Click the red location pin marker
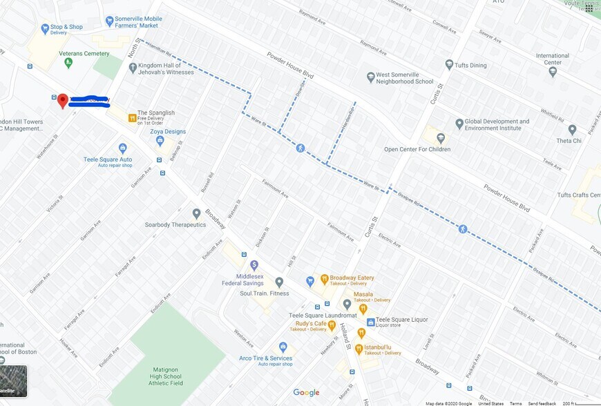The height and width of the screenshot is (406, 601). point(62,101)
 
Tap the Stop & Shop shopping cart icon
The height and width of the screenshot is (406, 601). point(45,28)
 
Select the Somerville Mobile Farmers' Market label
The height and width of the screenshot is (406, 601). point(138,22)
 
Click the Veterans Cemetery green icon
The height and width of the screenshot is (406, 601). point(68,64)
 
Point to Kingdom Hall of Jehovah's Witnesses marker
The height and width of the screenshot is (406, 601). point(133,68)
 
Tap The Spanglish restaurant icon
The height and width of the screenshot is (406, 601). point(132,118)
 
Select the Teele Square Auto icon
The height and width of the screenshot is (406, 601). point(123,148)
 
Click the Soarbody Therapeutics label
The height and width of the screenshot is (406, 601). point(175,224)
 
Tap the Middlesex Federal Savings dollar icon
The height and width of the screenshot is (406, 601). point(254,265)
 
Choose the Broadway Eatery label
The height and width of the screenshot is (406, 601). point(352,278)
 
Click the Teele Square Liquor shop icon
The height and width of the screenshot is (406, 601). point(370,322)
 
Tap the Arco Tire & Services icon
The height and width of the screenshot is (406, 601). point(283,347)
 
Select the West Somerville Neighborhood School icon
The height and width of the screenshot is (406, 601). point(370,77)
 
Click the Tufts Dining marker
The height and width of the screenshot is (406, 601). point(449,65)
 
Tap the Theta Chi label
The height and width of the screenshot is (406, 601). point(569,140)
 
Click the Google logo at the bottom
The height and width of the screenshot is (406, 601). point(306,392)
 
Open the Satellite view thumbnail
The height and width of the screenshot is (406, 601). point(13,380)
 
